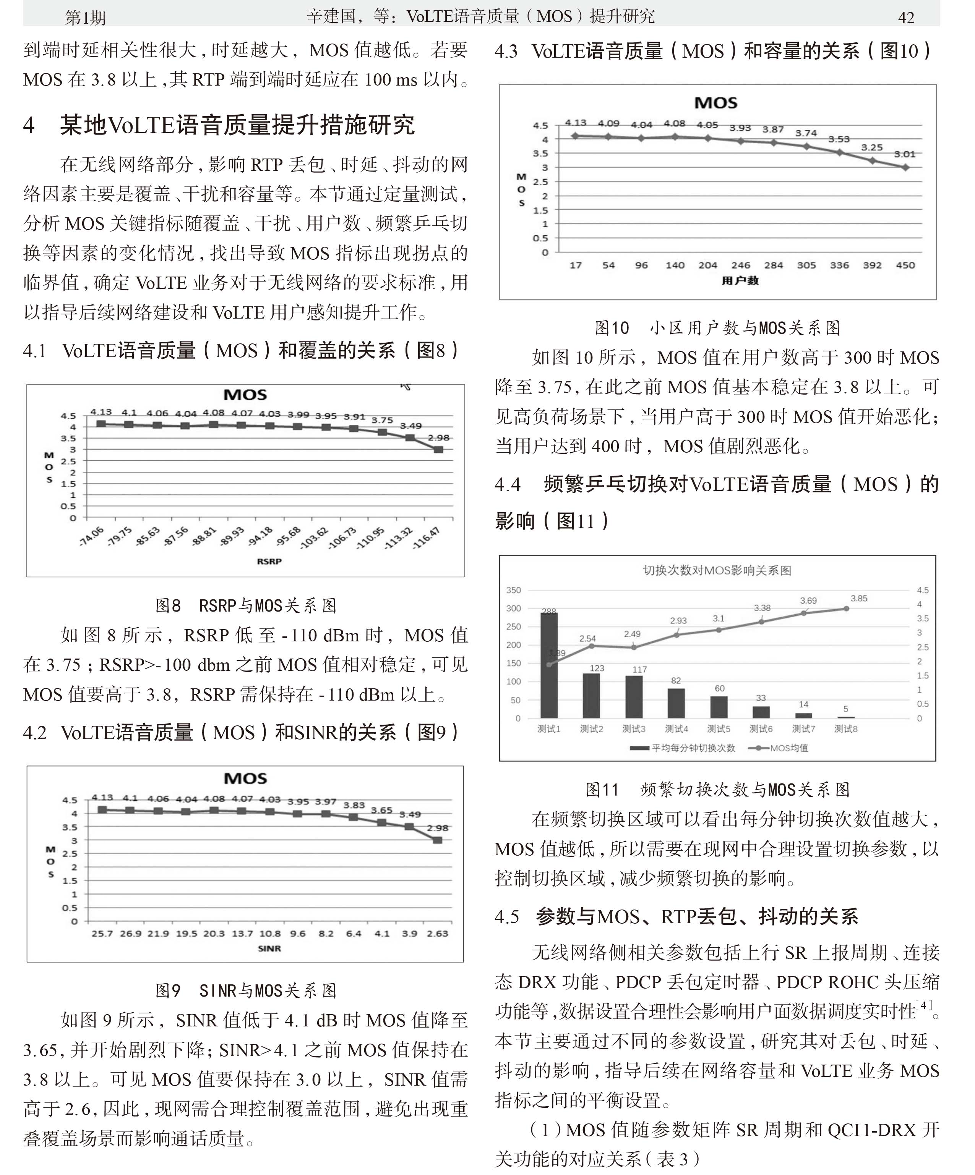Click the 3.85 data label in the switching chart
(x=858, y=598)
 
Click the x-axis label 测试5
(x=719, y=729)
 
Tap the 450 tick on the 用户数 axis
(x=905, y=265)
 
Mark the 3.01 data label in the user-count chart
(x=904, y=154)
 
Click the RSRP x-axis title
(x=269, y=561)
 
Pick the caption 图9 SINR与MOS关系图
(x=246, y=991)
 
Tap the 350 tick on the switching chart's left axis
(x=513, y=590)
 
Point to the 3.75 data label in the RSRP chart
(x=382, y=420)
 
